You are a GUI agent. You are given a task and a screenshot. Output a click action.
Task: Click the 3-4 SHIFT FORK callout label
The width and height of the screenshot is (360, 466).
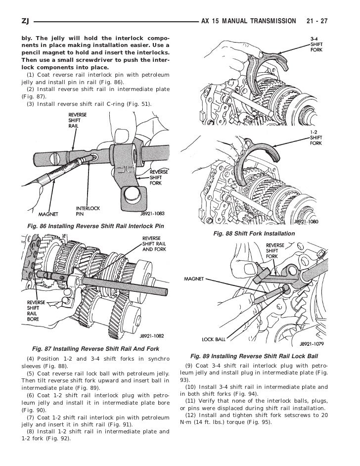pyautogui.click(x=317, y=44)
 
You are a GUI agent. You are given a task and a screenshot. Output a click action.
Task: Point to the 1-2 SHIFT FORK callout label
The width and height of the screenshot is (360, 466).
pyautogui.click(x=317, y=138)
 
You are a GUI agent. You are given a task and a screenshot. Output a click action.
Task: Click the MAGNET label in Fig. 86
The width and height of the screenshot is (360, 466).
pyautogui.click(x=48, y=215)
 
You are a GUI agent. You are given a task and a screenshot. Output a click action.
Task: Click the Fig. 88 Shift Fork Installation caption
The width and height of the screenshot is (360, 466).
pyautogui.click(x=254, y=233)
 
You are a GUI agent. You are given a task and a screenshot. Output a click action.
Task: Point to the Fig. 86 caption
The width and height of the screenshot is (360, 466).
pyautogui.click(x=91, y=226)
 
